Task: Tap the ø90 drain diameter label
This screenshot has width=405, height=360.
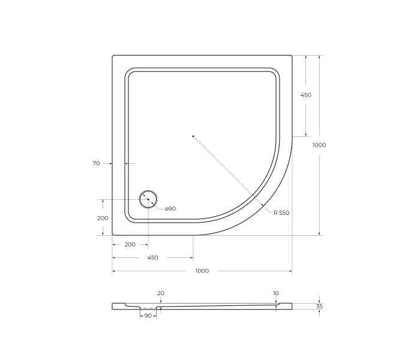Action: (x=170, y=208)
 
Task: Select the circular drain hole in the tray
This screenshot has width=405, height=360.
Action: (x=148, y=199)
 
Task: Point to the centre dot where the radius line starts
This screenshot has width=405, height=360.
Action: (x=193, y=136)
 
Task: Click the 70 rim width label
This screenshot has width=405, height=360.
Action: (x=96, y=163)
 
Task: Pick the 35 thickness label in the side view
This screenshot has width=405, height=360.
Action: (x=319, y=306)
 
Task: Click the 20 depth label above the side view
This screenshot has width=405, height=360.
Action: (x=160, y=293)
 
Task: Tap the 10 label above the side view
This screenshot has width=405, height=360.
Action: (x=275, y=293)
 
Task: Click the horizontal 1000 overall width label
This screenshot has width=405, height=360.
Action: (x=202, y=271)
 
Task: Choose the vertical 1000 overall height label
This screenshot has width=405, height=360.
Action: (x=319, y=145)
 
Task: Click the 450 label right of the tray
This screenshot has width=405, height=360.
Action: (x=305, y=95)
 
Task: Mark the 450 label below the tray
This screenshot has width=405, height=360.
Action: (x=152, y=257)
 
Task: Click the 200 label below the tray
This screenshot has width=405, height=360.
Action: (x=130, y=245)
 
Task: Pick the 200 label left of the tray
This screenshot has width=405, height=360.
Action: (x=103, y=218)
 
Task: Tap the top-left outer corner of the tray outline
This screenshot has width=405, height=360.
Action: (x=113, y=56)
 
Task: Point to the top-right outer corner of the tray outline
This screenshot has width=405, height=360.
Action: (x=292, y=56)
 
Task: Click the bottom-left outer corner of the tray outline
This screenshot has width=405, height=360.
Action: (x=113, y=235)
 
